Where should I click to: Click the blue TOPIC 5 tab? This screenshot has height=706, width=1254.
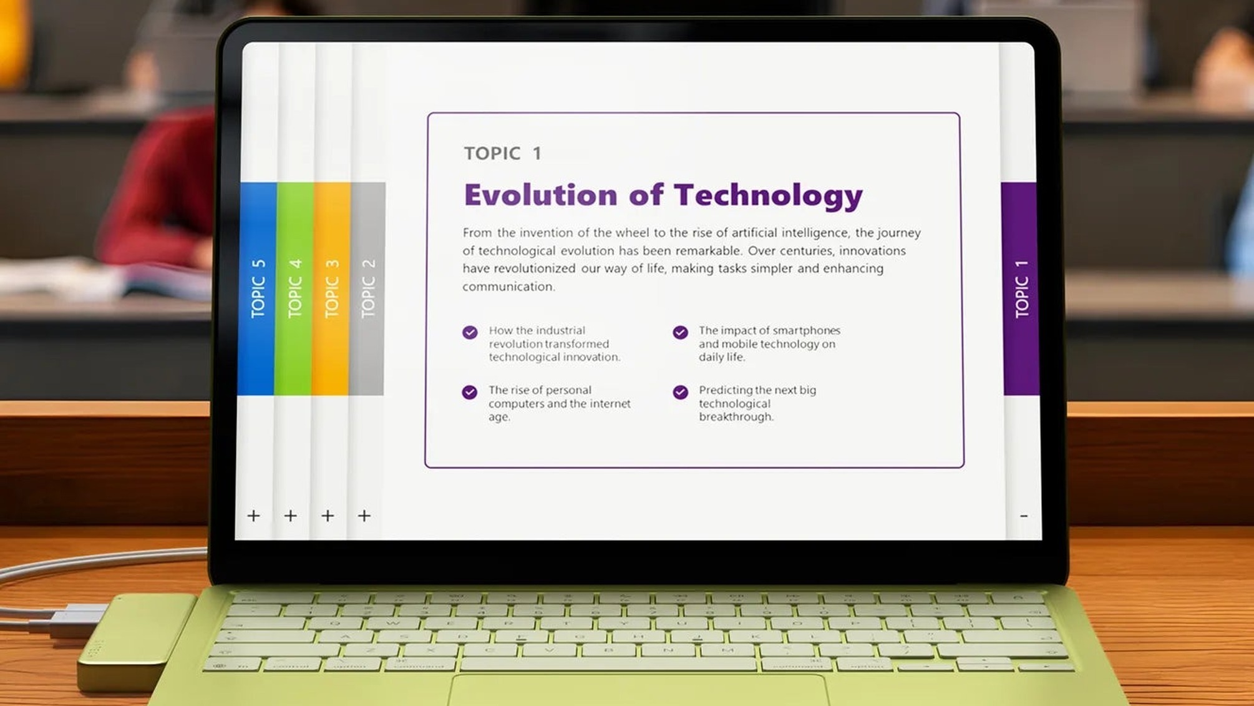[x=257, y=288]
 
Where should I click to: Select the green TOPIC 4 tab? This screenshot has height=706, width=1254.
[x=294, y=288]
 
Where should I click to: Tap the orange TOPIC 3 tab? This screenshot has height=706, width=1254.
[x=331, y=288]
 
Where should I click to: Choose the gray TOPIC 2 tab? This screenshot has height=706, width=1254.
[x=367, y=288]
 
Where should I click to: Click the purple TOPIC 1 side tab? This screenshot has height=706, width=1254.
[x=1021, y=288]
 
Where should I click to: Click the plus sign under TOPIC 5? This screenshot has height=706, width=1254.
[x=253, y=516]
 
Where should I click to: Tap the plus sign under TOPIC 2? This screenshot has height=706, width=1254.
[x=364, y=516]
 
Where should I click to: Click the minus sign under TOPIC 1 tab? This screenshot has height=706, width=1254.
[x=1024, y=516]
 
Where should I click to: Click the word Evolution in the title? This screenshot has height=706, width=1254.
[x=541, y=195]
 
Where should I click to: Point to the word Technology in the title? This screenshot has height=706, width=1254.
[x=769, y=197]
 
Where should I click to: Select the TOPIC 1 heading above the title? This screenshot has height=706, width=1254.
[x=503, y=154]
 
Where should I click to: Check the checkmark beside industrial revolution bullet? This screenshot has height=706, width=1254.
[x=470, y=332]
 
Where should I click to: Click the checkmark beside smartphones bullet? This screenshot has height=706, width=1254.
[x=680, y=332]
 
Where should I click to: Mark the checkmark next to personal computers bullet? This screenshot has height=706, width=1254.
[x=470, y=392]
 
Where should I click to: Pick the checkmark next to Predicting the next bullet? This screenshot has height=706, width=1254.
[x=680, y=392]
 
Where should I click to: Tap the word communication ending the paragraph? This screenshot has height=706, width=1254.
[x=508, y=287]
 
